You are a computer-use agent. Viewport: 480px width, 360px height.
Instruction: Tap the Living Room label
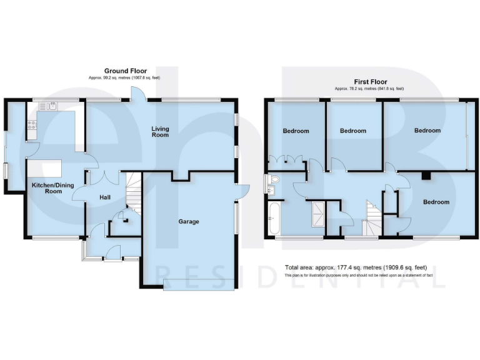point(161,132)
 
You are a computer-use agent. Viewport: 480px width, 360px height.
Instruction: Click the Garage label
point(188,221)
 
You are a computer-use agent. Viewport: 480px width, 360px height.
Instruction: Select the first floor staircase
point(372,216)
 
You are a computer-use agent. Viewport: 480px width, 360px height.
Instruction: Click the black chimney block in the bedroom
point(426,176)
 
